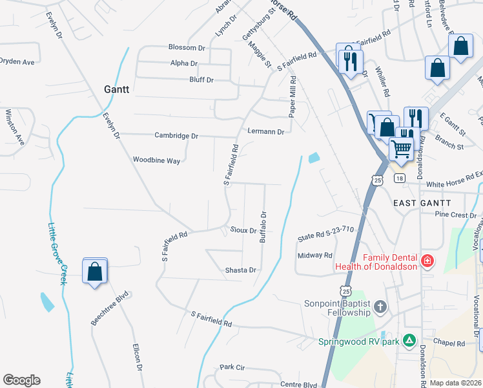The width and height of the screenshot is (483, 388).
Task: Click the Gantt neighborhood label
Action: pos(117,89)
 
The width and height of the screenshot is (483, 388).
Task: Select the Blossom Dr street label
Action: pos(186,48)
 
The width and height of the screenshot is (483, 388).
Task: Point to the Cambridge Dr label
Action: pos(176,136)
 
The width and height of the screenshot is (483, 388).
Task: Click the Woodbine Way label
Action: pos(156,160)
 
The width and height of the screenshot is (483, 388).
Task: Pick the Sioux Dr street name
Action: pos(243,230)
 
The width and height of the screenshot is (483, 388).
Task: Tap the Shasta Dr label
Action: pos(241,270)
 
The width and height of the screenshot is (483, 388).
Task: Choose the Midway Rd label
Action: pos(315,255)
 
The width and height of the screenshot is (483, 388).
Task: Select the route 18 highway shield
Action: pos(400,178)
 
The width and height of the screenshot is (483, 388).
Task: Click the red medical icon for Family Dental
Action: pos(426,261)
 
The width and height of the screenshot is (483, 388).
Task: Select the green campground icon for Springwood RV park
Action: pos(408,340)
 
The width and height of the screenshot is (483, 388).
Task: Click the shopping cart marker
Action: pos(402,149)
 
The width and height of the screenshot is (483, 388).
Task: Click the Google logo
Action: pos(21,380)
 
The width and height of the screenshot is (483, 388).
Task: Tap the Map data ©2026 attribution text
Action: pos(455,383)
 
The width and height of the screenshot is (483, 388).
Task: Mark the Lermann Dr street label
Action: pos(266,131)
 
